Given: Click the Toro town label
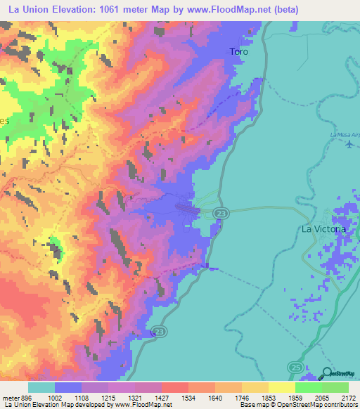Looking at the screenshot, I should pos(239,51).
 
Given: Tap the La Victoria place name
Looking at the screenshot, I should pos(323,229).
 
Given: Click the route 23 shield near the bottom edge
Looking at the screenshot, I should pos(160,332).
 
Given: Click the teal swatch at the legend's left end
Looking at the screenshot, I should pos(41,387).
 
